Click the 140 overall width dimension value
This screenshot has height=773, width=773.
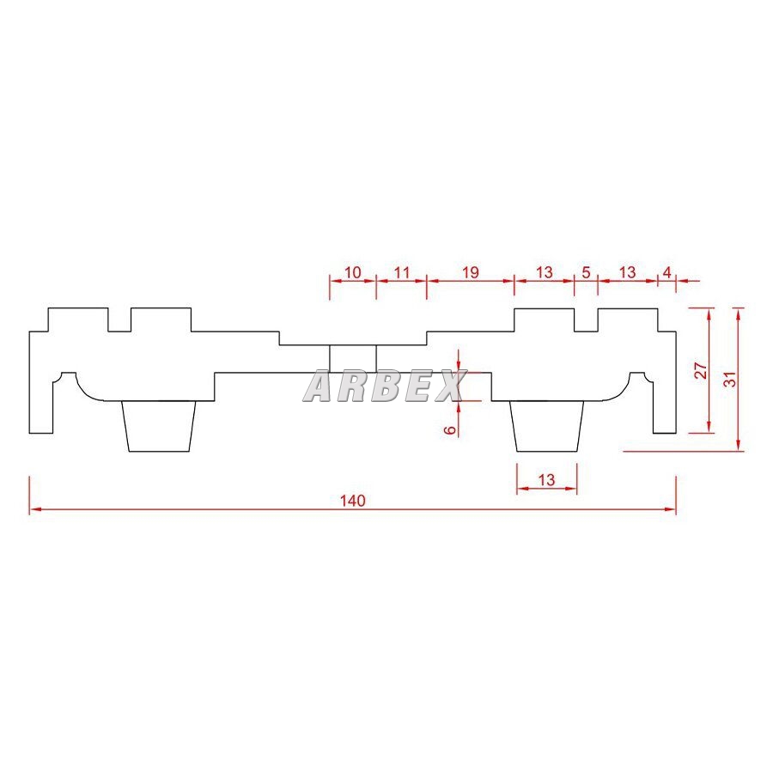tap(353, 501)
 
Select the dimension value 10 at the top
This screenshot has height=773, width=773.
tap(352, 272)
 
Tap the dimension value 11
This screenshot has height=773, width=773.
tap(402, 272)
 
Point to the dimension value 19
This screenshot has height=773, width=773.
tap(471, 272)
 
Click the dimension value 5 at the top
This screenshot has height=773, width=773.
tap(586, 272)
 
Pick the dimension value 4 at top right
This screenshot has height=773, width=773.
tap(667, 272)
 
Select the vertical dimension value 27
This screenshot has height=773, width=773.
tap(701, 370)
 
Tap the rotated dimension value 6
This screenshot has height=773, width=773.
tap(450, 430)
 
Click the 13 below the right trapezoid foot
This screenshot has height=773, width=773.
tap(546, 479)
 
